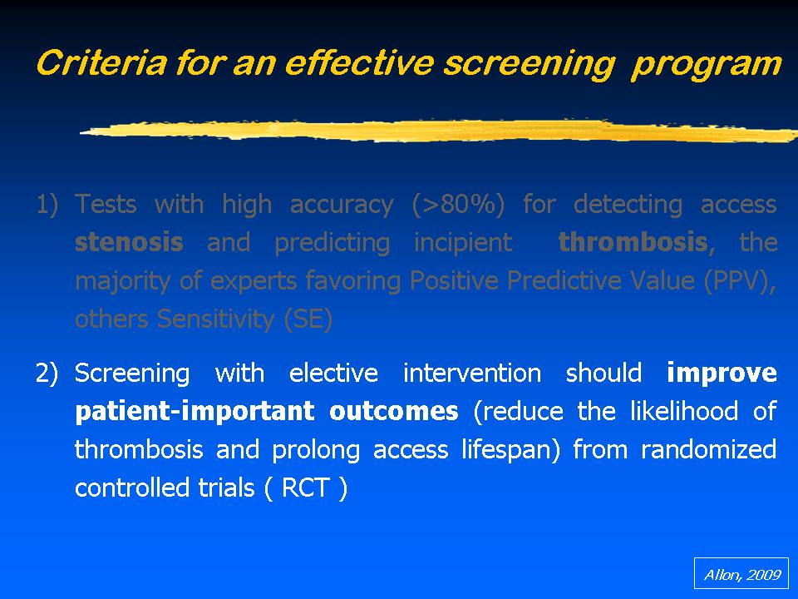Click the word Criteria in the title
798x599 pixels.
pyautogui.click(x=101, y=63)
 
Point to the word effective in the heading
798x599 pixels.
pyautogui.click(x=359, y=63)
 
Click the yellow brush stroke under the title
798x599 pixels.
pyautogui.click(x=439, y=131)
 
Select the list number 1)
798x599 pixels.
pyautogui.click(x=47, y=205)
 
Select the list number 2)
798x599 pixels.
pyautogui.click(x=47, y=374)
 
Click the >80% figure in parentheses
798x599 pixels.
pyautogui.click(x=458, y=205)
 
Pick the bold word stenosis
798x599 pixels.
pyautogui.click(x=129, y=242)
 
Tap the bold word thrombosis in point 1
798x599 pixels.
pyautogui.click(x=633, y=242)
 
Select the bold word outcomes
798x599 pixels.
pyautogui.click(x=394, y=412)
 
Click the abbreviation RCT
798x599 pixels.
pyautogui.click(x=305, y=488)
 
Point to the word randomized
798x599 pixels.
pyautogui.click(x=708, y=450)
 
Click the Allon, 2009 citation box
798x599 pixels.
pyautogui.click(x=741, y=573)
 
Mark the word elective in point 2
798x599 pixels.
pyautogui.click(x=333, y=374)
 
